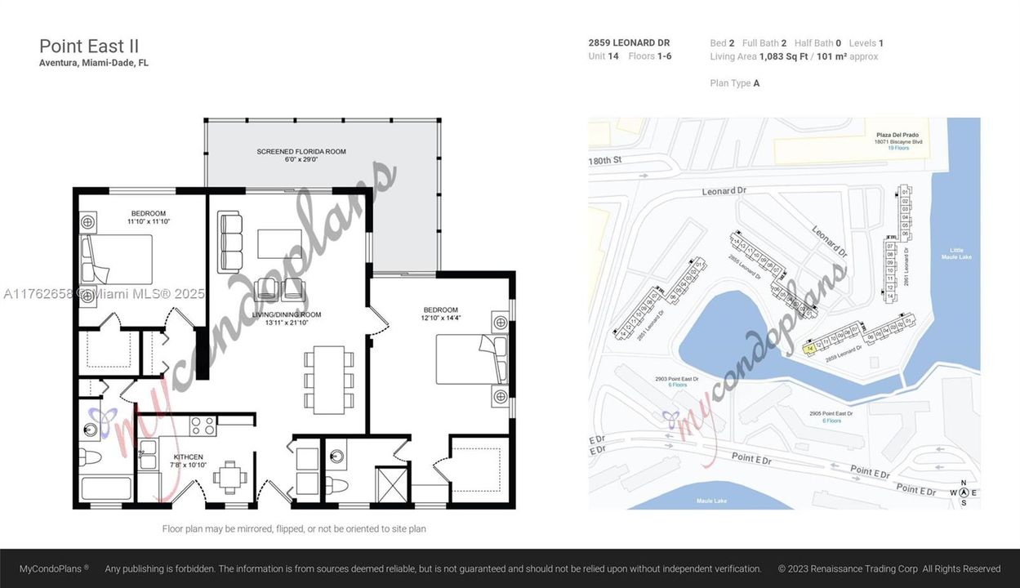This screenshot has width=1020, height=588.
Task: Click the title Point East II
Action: [89, 46]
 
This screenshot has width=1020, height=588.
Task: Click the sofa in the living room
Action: [229, 242]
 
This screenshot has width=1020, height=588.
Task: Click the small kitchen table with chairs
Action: [233, 477]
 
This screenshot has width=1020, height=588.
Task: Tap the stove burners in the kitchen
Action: [203, 425]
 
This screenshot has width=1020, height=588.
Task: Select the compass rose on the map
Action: [964, 492]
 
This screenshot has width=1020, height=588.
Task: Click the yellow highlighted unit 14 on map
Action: [808, 349]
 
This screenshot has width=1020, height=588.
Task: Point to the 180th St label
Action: [605, 161]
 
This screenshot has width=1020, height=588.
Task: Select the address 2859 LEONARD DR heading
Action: [629, 43]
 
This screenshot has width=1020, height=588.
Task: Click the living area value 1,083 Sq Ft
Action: [782, 56]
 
